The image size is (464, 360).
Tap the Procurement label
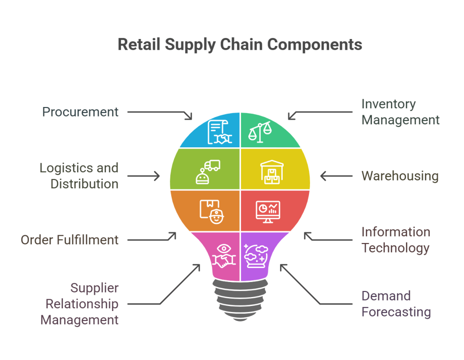(80, 112)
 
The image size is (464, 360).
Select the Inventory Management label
(400, 112)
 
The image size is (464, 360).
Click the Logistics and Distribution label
(79, 176)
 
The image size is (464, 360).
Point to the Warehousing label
(400, 176)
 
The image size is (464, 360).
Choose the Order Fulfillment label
(69, 240)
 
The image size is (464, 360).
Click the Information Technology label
(395, 240)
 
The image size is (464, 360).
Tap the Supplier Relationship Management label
(79, 304)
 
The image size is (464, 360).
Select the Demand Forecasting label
(396, 304)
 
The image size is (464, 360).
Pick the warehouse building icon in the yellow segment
(271, 172)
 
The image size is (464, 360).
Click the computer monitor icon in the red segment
(268, 211)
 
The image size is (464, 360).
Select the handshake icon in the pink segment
(224, 257)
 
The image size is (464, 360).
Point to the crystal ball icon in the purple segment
(256, 257)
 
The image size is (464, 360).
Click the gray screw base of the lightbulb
(240, 299)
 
